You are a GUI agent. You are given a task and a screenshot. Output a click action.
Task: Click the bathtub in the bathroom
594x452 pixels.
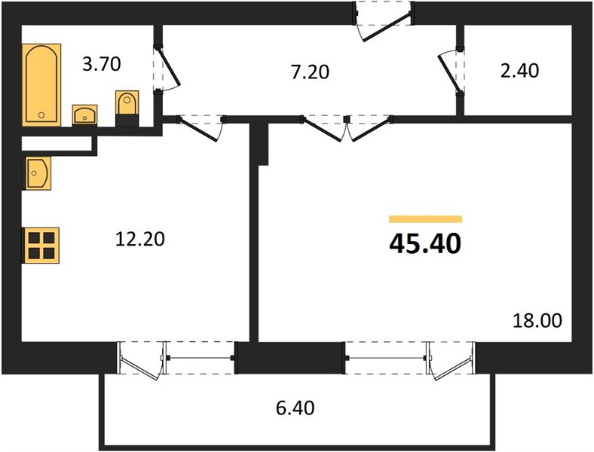41,85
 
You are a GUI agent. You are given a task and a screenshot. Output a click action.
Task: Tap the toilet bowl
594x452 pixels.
127,108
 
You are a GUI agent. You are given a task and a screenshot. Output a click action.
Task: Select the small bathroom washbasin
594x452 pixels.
84,115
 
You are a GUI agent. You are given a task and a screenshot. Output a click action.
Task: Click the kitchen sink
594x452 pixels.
37,173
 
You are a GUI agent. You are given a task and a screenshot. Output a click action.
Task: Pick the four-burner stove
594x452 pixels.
41,246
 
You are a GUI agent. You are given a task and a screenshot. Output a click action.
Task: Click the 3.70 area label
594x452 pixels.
102,63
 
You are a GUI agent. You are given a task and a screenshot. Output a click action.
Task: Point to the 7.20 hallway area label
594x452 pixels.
310,72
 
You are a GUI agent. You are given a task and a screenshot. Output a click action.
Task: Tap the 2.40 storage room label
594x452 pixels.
519,70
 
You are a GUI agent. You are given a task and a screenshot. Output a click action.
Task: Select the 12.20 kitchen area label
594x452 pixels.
139,240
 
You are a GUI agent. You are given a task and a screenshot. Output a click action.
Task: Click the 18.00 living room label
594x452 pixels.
537,321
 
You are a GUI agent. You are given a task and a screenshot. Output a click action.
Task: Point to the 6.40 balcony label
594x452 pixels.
295,408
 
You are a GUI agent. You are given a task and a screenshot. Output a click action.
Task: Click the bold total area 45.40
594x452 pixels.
425,243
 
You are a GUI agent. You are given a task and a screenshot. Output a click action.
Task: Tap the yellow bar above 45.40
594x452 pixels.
425,218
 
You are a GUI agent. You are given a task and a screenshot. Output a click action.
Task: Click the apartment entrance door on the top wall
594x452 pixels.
384,21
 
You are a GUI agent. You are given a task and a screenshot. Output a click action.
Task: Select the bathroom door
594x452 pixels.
166,68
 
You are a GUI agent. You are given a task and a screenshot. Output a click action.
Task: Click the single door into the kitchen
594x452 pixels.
201,128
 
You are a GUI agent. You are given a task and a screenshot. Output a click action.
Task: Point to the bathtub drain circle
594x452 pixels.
41,115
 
